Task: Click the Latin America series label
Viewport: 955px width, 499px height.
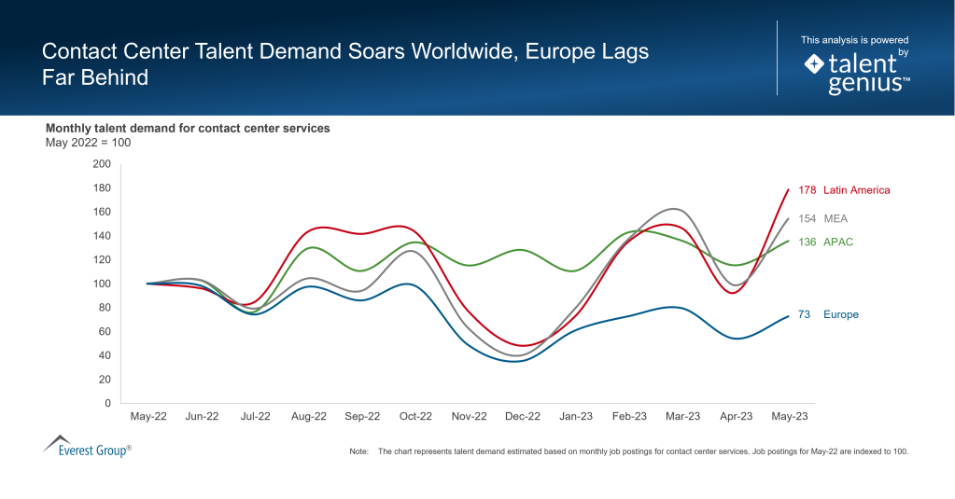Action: (x=856, y=190)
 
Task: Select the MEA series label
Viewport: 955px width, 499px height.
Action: (x=836, y=219)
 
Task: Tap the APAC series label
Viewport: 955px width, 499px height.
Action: (x=838, y=243)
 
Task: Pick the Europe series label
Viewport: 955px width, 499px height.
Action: (x=840, y=315)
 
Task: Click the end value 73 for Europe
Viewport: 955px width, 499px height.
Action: (x=805, y=315)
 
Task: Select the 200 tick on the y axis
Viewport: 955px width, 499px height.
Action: (x=102, y=164)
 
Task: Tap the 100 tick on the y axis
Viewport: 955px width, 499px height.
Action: (x=102, y=284)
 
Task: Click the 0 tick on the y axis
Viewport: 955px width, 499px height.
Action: (x=107, y=404)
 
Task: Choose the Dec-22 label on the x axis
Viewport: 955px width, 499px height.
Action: (x=522, y=417)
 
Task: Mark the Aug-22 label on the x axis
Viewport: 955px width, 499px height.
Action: (x=308, y=417)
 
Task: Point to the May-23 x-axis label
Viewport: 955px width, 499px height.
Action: (x=789, y=417)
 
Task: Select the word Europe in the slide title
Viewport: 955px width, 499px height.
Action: (x=557, y=52)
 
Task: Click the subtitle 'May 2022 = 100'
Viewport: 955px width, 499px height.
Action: (x=88, y=143)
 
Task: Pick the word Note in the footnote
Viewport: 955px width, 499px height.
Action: (x=359, y=451)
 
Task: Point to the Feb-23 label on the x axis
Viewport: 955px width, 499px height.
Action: (x=629, y=417)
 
